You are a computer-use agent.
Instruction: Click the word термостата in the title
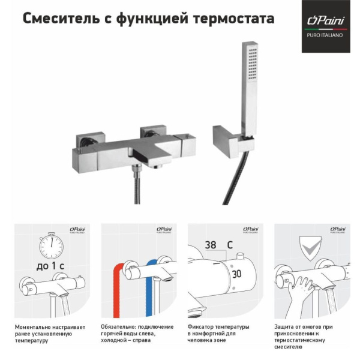(x=237, y=19)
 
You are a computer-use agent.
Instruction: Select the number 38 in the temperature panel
(x=210, y=245)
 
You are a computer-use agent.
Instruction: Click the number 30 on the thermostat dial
(x=236, y=273)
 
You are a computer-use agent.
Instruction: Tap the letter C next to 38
(x=229, y=245)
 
